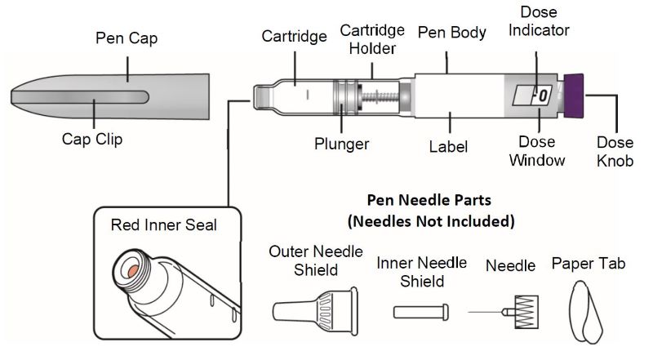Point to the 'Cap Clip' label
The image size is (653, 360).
92,140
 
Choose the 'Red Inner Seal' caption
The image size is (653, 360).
164,224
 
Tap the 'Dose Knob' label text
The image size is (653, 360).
615,151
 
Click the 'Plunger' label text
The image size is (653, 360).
342,144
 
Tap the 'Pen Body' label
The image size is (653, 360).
451,33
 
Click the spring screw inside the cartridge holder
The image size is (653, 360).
380,96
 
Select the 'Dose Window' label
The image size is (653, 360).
537,151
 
